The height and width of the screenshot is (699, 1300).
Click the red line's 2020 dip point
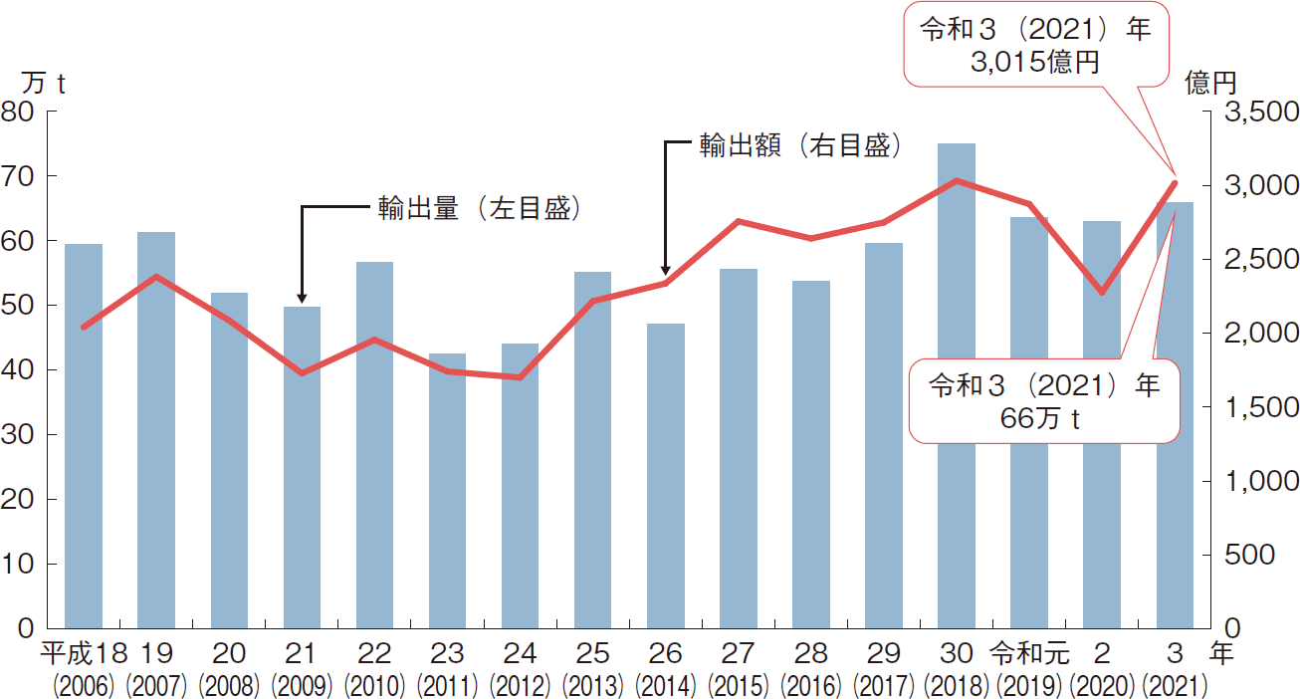tap(1102, 293)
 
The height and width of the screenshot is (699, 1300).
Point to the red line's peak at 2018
tap(957, 181)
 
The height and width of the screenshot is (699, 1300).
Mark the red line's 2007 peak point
tap(156, 276)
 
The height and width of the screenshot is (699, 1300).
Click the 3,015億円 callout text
tap(1035, 63)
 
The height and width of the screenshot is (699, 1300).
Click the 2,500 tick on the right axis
tap(1255, 260)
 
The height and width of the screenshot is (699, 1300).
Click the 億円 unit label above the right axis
tap(1211, 84)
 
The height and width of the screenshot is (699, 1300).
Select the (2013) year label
tap(593, 686)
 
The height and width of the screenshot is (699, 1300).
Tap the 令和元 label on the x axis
tap(1029, 654)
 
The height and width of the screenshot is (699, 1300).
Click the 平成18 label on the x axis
tap(84, 654)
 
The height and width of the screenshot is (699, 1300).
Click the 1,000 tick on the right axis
tap(1255, 481)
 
